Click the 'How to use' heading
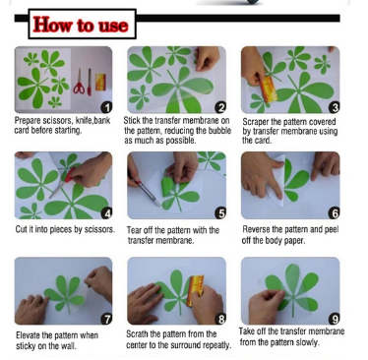tap(81, 25)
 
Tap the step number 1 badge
tap(106, 107)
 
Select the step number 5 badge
tap(220, 213)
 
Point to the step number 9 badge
tap(335, 319)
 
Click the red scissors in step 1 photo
tap(79, 82)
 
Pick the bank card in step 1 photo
tap(100, 82)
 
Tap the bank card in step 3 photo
tap(268, 89)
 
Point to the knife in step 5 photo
tap(147, 191)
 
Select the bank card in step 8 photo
tap(195, 290)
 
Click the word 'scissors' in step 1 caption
tap(58, 121)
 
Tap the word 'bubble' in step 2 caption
tap(220, 131)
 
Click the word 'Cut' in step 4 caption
tap(21, 229)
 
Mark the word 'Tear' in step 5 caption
tap(134, 230)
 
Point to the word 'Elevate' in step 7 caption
tap(28, 335)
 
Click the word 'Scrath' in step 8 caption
tap(137, 334)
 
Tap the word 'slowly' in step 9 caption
tap(307, 342)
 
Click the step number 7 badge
tap(106, 319)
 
